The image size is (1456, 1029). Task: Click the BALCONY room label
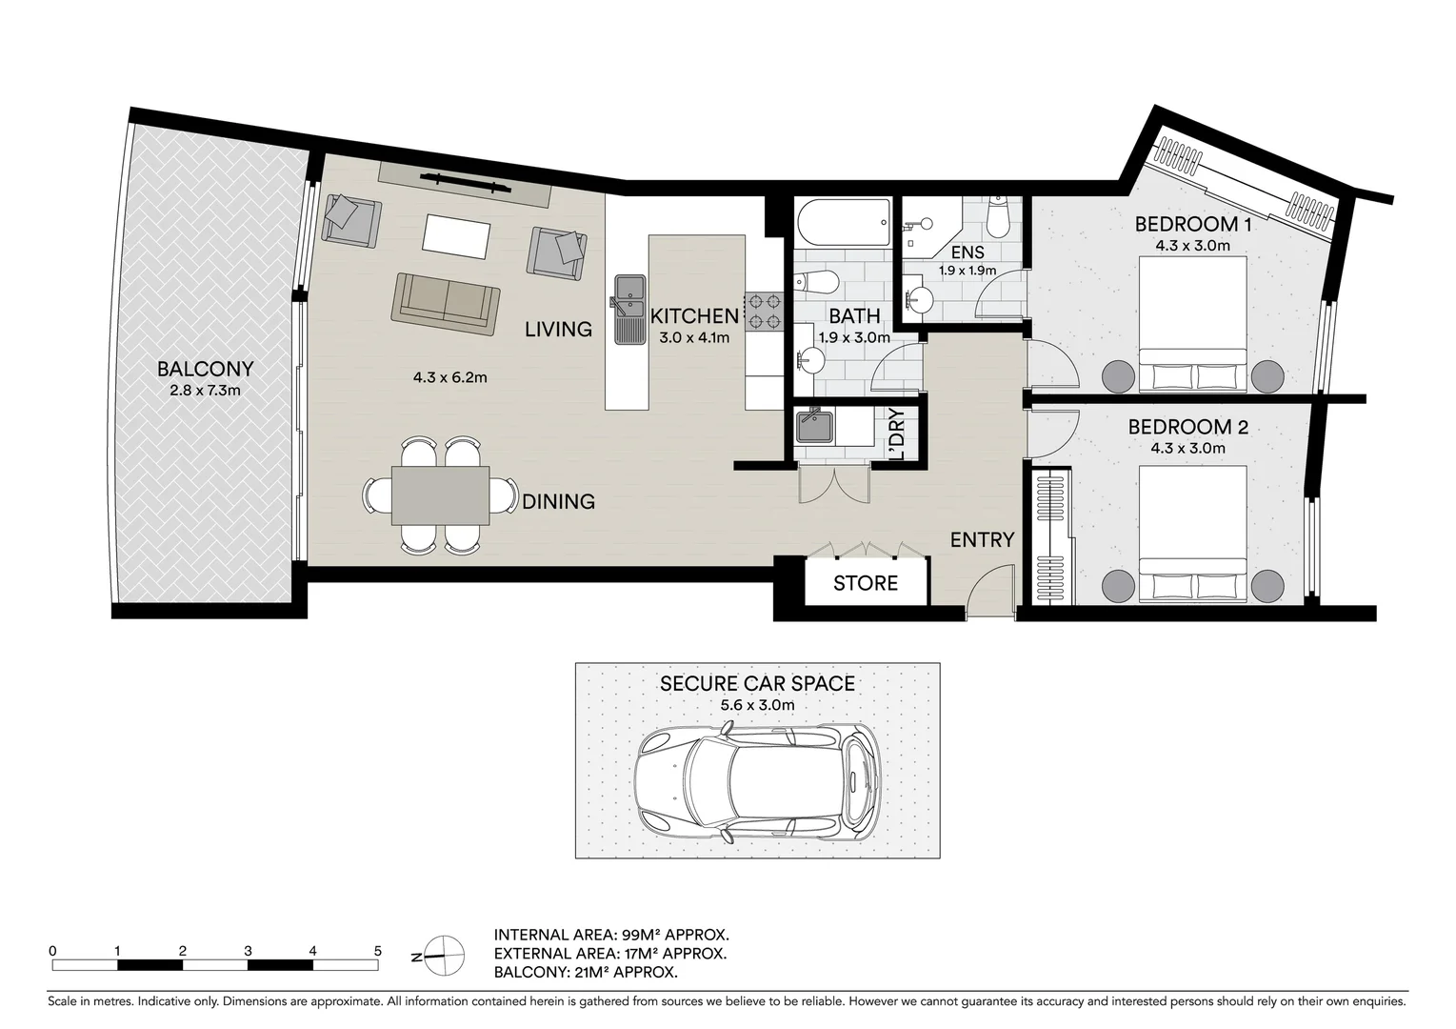(205, 369)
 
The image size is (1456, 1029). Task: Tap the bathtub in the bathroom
(842, 222)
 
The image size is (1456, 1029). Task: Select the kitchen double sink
(628, 297)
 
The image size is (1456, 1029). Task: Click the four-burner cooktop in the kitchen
(764, 309)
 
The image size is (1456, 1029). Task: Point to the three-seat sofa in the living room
(445, 304)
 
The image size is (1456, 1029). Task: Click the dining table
(440, 495)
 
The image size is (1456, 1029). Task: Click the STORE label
(865, 583)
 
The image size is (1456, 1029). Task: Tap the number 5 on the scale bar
(378, 951)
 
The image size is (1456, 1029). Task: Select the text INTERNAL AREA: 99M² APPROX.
(611, 935)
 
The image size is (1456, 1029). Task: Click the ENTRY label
(982, 540)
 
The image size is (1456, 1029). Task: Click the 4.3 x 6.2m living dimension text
(449, 377)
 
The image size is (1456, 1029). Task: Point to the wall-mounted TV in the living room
(464, 180)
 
